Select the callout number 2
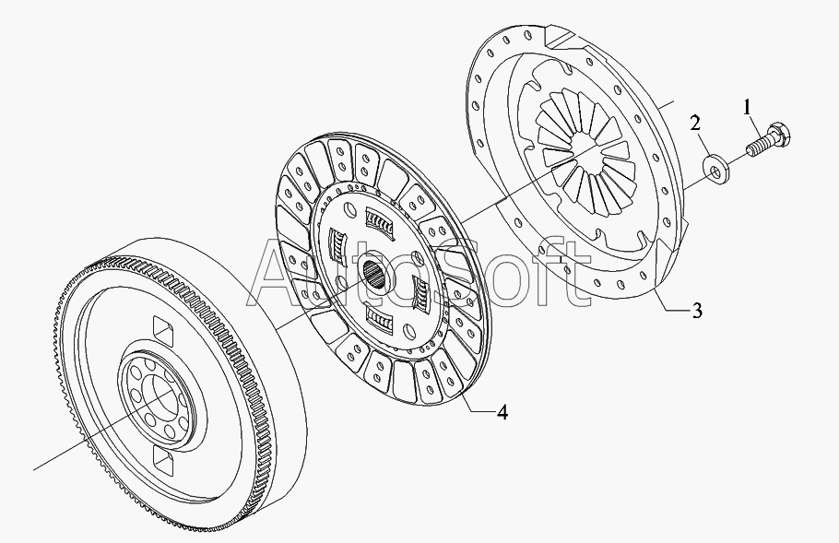click(x=695, y=124)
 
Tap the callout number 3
click(x=697, y=311)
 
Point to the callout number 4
click(x=502, y=412)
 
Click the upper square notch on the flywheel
click(x=163, y=328)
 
